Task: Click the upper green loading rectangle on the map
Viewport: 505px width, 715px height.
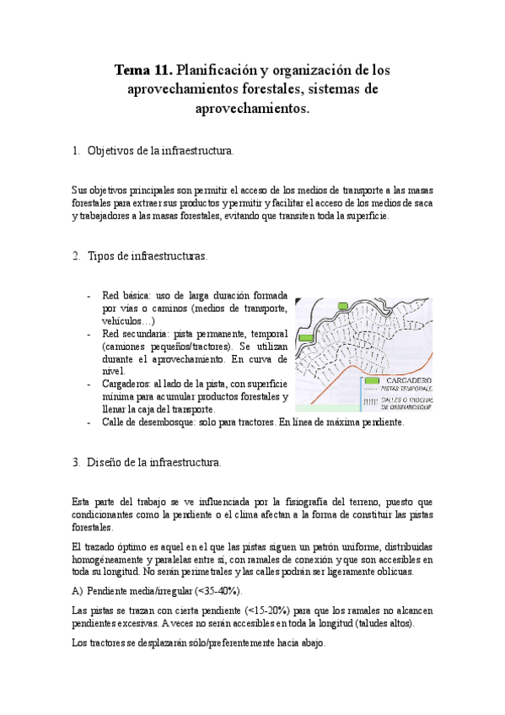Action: [343, 306]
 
